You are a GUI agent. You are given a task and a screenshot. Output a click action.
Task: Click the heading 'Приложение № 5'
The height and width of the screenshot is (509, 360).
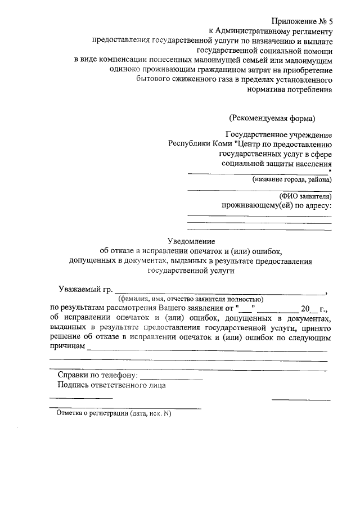(303, 21)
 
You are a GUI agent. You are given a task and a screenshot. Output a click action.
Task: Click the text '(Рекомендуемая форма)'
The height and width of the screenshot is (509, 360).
(272, 118)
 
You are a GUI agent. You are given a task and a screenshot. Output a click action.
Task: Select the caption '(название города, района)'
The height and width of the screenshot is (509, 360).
(292, 180)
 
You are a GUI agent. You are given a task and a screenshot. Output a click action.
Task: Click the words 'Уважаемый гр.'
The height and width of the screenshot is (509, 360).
(85, 290)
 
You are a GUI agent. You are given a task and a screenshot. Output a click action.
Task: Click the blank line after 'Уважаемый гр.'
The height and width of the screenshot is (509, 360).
(219, 292)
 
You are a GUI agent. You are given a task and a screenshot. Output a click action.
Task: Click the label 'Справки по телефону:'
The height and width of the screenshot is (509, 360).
(97, 375)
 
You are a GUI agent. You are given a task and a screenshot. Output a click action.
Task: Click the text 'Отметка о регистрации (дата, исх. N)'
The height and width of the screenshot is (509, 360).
(113, 413)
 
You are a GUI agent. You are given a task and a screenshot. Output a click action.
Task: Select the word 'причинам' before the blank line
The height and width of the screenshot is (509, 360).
(67, 347)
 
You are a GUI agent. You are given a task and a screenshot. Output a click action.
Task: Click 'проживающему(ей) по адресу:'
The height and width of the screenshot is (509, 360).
(277, 205)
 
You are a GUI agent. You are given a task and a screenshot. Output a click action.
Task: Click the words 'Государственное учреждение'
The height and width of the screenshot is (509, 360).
(278, 134)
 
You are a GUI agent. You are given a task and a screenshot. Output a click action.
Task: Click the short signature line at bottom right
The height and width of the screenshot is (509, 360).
(301, 400)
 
